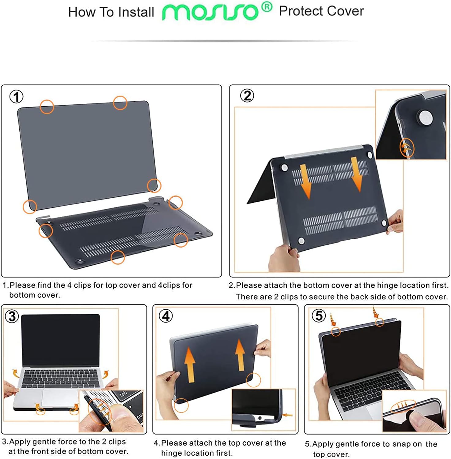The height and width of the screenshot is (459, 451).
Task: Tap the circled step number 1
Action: pos(17,97)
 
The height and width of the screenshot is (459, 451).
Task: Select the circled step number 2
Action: pos(247,96)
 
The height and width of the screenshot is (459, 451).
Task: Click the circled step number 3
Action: pos(12,316)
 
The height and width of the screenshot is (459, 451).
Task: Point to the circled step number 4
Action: pos(166,316)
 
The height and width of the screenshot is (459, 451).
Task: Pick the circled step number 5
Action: pos(319,315)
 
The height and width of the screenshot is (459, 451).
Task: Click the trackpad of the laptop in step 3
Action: pos(60,398)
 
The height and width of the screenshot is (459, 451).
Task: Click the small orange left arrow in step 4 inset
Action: pos(288,415)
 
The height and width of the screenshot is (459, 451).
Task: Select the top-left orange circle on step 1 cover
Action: pos(47,107)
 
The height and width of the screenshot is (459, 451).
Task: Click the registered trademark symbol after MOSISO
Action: pos(267,6)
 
